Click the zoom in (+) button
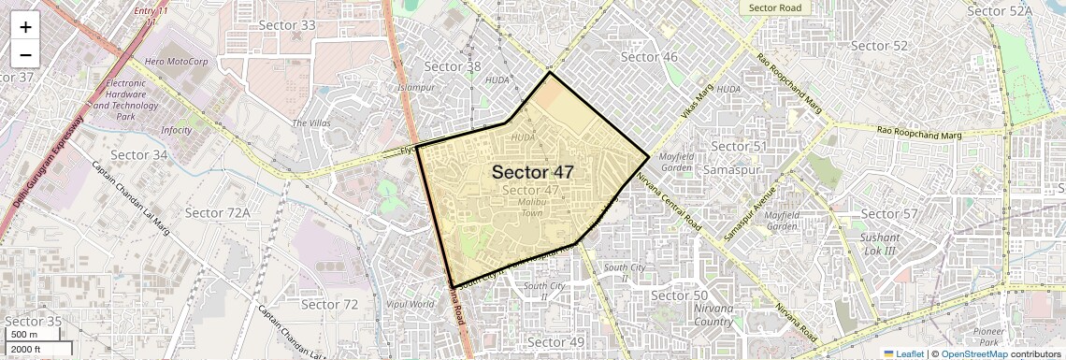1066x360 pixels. pos(25,27)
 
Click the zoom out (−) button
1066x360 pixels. pos(25,54)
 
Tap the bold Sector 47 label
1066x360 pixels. pos(532,172)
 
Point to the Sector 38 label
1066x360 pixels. pos(453,66)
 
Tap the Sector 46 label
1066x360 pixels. pos(649,57)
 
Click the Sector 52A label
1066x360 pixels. pos(999,11)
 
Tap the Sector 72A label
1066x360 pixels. pos(217,213)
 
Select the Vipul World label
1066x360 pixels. pos(410,304)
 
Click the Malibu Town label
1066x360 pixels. pos(531,208)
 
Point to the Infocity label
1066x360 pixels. pos(176,130)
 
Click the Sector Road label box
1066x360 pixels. pos(775,7)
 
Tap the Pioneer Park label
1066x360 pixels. pos(988,338)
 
